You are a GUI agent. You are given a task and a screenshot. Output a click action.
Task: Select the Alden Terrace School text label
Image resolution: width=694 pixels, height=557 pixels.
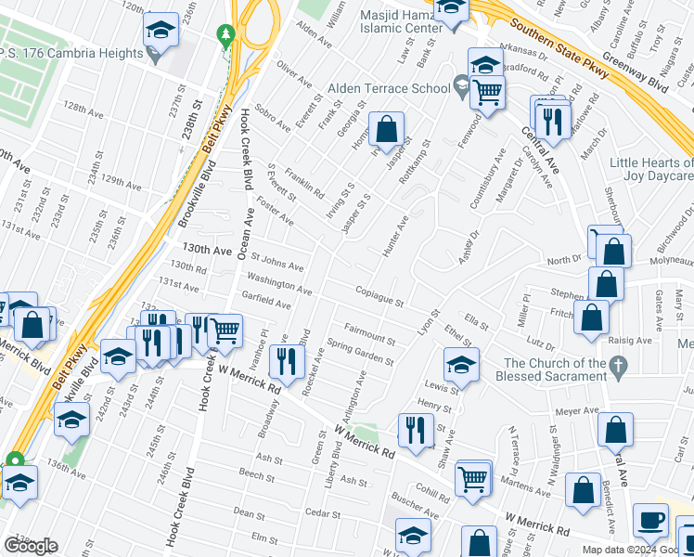[x=387, y=88]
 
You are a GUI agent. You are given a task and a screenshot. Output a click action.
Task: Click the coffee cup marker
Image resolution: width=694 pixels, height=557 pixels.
[x=649, y=521]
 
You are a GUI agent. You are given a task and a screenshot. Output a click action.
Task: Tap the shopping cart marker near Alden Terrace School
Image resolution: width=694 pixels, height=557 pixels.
[x=487, y=92]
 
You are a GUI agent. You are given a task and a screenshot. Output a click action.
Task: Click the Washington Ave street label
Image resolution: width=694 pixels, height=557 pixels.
[x=278, y=283]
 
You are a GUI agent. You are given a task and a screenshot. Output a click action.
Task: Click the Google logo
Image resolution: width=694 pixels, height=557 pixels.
[x=31, y=546]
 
